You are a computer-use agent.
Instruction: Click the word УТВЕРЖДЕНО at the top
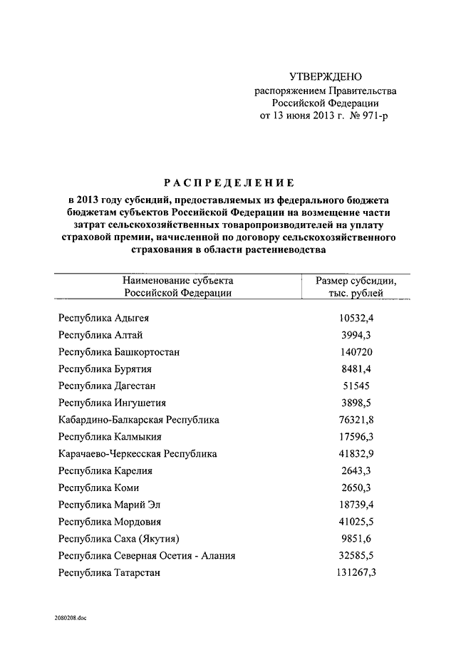326,77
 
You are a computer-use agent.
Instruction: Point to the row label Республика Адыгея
104,318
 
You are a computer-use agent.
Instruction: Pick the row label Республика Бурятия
105,369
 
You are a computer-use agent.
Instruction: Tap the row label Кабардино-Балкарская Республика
139,420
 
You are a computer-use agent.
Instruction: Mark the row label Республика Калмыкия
110,437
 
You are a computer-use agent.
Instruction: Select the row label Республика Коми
99,488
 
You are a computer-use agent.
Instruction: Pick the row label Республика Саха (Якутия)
119,539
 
